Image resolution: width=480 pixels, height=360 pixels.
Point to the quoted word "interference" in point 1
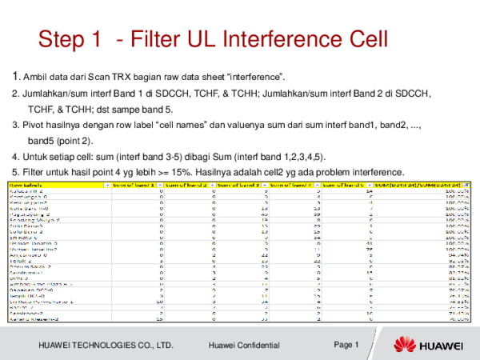click(x=254, y=77)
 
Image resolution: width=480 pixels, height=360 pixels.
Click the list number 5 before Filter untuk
click(x=14, y=170)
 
